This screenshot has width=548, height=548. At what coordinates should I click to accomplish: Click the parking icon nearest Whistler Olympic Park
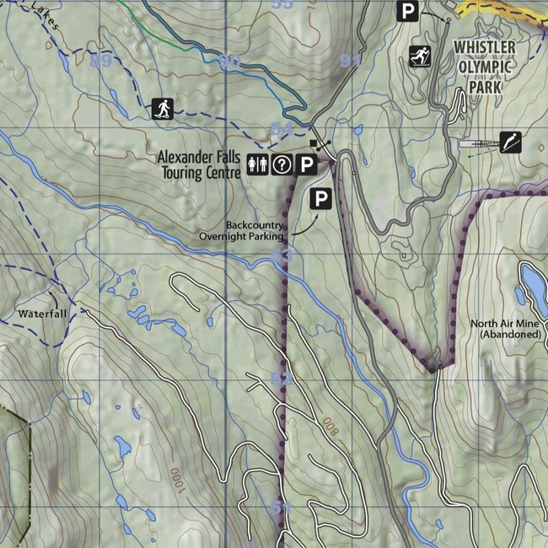pyautogui.click(x=408, y=11)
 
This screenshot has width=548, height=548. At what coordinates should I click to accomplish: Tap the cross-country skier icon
pyautogui.click(x=418, y=56)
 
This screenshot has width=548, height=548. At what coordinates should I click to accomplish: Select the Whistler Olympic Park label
pyautogui.click(x=489, y=66)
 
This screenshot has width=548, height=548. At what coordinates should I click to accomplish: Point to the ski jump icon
pyautogui.click(x=510, y=142)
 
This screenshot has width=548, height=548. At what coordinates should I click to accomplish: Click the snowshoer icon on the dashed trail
pyautogui.click(x=162, y=108)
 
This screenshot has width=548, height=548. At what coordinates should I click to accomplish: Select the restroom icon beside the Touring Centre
pyautogui.click(x=257, y=165)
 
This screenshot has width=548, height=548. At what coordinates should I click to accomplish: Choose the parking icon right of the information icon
pyautogui.click(x=308, y=165)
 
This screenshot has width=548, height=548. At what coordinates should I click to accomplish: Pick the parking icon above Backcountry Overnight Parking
pyautogui.click(x=320, y=199)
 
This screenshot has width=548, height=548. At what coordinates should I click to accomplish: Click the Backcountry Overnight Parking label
pyautogui.click(x=242, y=231)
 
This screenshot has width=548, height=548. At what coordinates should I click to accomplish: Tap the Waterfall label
pyautogui.click(x=40, y=314)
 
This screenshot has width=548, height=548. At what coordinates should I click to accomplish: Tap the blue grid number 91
pyautogui.click(x=351, y=61)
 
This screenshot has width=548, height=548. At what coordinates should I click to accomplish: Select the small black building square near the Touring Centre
pyautogui.click(x=314, y=142)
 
